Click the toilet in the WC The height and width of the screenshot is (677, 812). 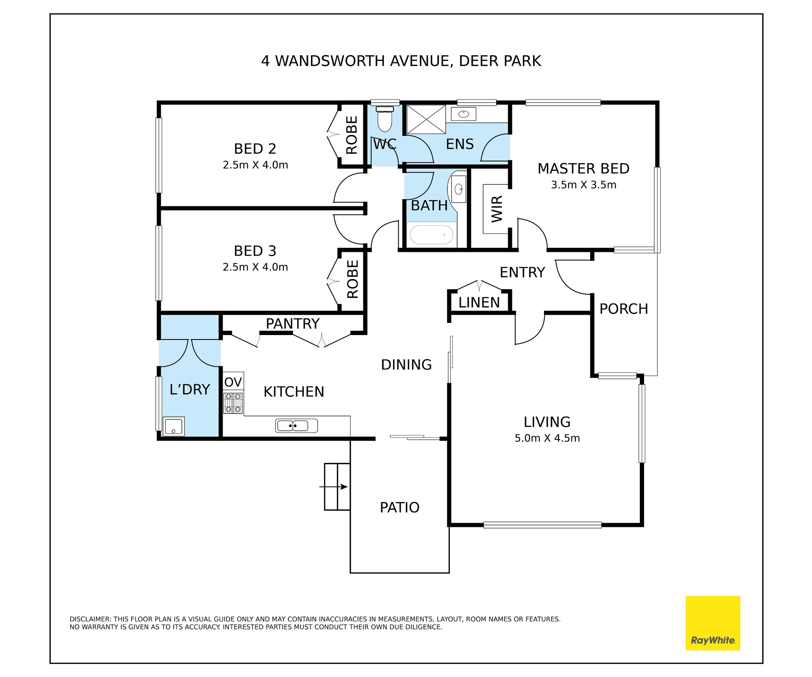click(384, 119)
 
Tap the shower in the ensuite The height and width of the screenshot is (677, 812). click(426, 119)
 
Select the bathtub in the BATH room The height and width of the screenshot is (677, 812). click(431, 235)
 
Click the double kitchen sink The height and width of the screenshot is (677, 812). click(296, 426)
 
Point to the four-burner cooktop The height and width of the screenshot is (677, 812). click(233, 402)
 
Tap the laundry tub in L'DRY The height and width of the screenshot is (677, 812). click(173, 426)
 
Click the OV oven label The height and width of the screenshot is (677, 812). click(233, 382)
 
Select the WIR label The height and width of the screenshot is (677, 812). click(497, 209)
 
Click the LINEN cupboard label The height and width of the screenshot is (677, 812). click(479, 303)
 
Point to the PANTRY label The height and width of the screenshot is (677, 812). click(292, 324)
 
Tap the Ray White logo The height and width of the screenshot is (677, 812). click(713, 623)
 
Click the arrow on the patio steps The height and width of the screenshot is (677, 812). click(334, 487)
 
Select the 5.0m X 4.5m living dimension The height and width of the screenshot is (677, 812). click(547, 438)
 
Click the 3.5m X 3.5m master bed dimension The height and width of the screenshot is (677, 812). click(583, 185)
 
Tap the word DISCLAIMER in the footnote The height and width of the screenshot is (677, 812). click(90, 619)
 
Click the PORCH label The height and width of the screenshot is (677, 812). click(624, 309)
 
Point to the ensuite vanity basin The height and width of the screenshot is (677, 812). click(463, 114)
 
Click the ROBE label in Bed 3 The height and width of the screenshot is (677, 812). click(352, 279)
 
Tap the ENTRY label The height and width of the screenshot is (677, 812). click(522, 272)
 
